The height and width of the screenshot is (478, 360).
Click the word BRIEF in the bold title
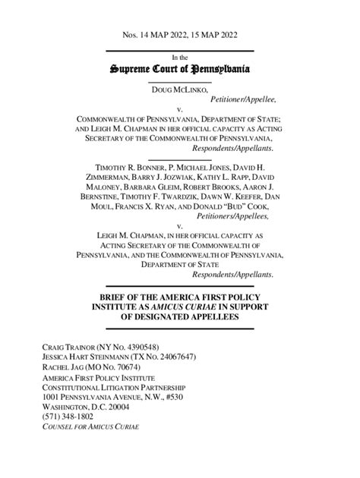[112, 296]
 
